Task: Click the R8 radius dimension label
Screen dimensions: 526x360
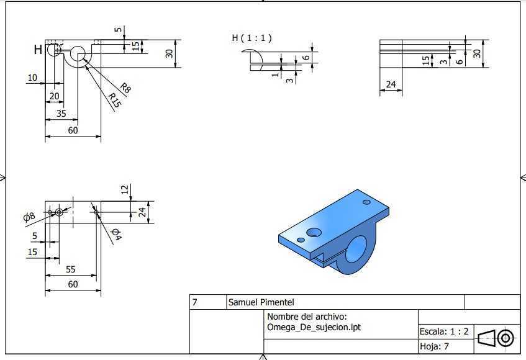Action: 125,88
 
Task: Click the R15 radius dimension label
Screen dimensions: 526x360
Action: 115,100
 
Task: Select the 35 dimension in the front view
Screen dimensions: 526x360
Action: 61,114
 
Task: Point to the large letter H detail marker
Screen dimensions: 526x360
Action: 38,50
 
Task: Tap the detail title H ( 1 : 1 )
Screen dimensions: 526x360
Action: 252,38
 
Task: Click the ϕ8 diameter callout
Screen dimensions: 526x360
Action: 29,217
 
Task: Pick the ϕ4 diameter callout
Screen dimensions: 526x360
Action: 116,234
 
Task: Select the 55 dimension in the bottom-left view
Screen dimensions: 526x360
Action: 70,269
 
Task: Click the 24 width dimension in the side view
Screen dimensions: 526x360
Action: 391,84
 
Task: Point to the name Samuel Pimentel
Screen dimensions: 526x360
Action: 261,302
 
